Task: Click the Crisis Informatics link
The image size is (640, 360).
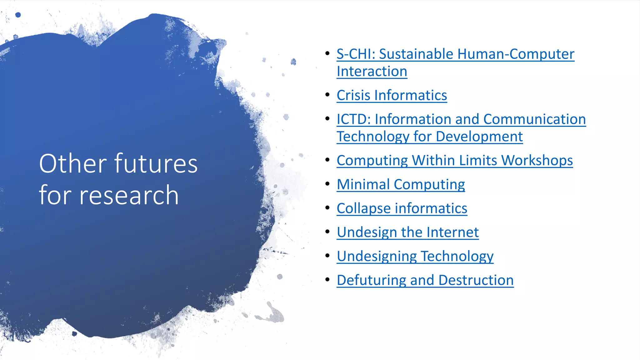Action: pos(392,95)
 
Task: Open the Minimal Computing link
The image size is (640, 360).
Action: pos(401,184)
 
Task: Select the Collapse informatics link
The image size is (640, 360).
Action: pos(402,208)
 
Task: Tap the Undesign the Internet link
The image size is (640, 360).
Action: pos(407,232)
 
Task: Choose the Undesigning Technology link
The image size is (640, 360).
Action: pos(415,256)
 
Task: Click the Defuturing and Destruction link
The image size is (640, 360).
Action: pos(425,280)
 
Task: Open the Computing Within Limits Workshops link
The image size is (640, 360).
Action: pos(454,160)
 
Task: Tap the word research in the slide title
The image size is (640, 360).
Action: pos(129,195)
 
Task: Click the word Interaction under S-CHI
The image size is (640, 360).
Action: pos(372,72)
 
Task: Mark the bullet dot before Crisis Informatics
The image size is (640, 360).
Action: pos(327,94)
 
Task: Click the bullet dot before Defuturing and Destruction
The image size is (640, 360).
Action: pos(327,279)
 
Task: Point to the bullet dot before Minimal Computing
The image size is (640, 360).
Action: pos(327,183)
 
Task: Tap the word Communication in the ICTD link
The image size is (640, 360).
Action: pos(534,119)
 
